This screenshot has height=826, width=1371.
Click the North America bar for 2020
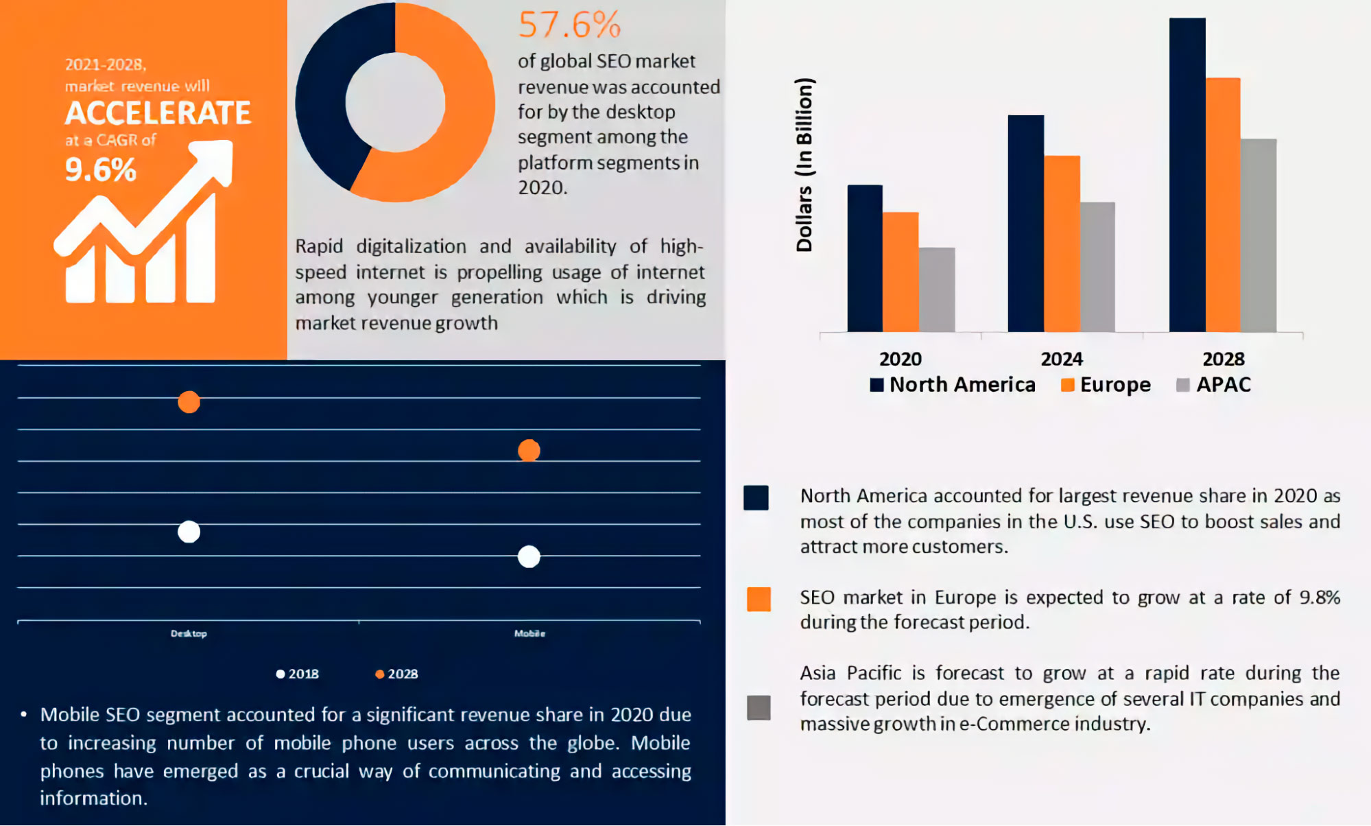(865, 259)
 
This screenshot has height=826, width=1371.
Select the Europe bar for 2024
(1062, 244)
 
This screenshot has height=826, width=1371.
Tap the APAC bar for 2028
(1259, 236)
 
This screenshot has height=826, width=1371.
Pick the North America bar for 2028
(1187, 175)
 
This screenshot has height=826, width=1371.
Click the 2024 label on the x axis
(1062, 359)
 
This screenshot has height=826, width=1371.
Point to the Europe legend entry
(1106, 385)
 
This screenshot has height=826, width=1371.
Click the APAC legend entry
(1213, 385)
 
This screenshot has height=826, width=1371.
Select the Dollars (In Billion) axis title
(804, 165)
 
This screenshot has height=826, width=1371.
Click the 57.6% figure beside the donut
(570, 25)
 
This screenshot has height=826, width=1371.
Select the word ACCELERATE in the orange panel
(158, 113)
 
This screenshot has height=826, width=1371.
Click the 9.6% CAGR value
(101, 169)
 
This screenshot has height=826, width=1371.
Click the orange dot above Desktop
(189, 402)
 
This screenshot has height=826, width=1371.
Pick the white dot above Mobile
(529, 556)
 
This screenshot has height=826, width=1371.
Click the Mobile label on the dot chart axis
(529, 633)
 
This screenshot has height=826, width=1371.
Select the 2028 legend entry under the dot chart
(396, 674)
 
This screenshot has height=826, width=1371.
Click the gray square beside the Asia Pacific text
(759, 707)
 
